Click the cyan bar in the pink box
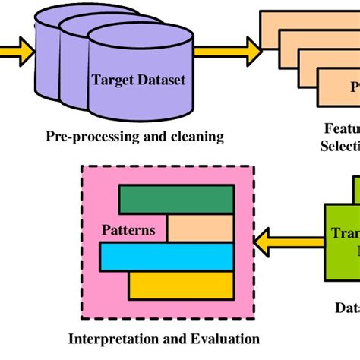(166, 256)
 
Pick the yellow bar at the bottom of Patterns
(180, 285)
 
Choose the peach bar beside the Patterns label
(200, 228)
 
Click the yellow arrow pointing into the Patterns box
(277, 241)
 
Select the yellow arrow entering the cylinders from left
(17, 52)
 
